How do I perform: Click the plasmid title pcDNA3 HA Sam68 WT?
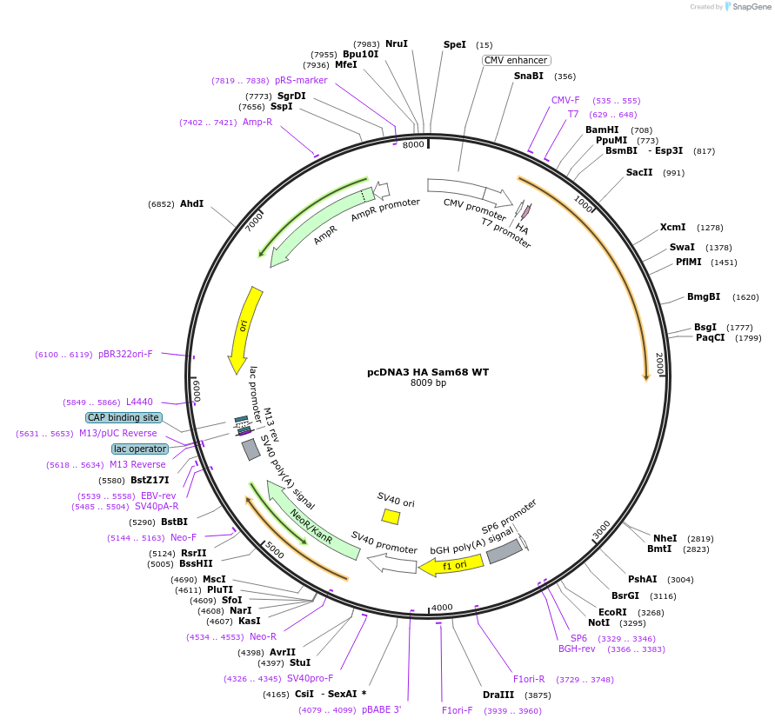coord(428,372)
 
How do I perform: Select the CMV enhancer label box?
coord(516,60)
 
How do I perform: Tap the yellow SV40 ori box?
coord(391,516)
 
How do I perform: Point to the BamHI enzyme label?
coord(602,130)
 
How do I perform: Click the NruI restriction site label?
coord(396,43)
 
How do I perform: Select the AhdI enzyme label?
coord(191,204)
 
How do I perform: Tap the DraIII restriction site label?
coord(498,695)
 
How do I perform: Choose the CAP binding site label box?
coord(123,417)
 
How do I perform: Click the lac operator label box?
coord(139,449)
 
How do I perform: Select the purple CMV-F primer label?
coord(565,100)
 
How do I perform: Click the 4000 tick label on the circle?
coord(442,607)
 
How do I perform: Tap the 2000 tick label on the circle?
coord(659,363)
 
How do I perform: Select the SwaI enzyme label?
coord(681,248)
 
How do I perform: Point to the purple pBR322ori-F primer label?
coord(125,354)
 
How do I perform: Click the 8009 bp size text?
coord(428,383)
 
